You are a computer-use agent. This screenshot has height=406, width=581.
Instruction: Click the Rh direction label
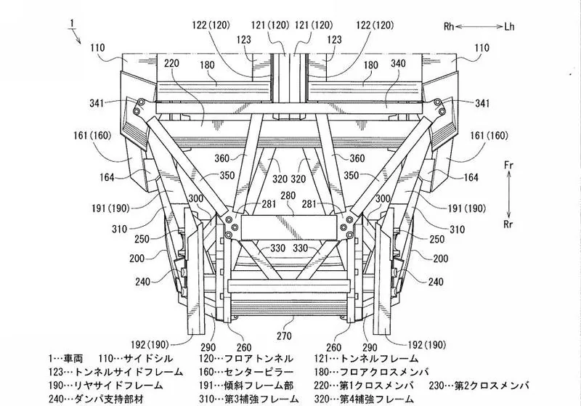tap(449, 27)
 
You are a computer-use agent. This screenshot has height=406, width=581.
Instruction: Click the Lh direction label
tap(509, 27)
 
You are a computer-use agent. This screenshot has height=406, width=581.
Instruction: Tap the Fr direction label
tap(509, 165)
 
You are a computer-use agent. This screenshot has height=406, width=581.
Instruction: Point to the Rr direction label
tap(508, 224)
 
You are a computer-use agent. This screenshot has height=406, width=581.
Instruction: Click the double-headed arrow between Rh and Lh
tap(479, 27)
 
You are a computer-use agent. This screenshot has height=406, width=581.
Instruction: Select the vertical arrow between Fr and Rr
tap(509, 195)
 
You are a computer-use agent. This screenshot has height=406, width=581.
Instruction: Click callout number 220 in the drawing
tap(171, 63)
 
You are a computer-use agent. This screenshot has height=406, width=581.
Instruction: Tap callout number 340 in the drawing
tap(398, 63)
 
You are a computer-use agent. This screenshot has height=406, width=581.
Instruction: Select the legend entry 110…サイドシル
tap(136, 359)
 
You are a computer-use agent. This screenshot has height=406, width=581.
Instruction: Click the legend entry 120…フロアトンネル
tap(246, 359)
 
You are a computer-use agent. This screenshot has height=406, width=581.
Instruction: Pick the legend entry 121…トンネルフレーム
tap(366, 359)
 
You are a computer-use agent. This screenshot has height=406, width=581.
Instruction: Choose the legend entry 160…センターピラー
tap(246, 372)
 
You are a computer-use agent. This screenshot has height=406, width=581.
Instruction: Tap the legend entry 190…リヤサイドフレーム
tap(105, 385)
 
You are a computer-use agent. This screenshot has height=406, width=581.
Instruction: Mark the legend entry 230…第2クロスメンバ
tap(479, 385)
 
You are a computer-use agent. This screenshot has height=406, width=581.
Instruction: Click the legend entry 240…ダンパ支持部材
tap(96, 399)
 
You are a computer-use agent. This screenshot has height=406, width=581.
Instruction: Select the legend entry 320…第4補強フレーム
tap(364, 399)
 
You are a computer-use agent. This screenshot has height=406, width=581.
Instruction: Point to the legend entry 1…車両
tap(65, 359)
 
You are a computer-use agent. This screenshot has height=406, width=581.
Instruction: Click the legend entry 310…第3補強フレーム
tap(248, 399)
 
